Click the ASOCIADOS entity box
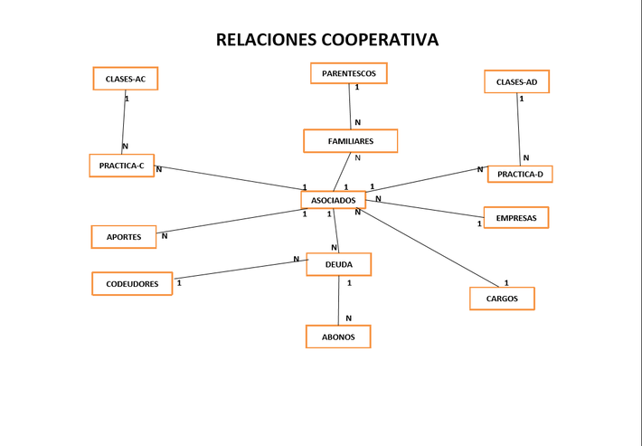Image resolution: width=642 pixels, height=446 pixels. tap(333, 200)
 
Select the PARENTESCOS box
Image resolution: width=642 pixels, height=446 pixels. tap(348, 72)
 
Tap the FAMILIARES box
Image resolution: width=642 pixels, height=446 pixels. tap(350, 141)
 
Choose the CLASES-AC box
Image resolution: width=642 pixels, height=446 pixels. tap(125, 79)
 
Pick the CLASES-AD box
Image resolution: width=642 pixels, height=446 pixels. tap(516, 82)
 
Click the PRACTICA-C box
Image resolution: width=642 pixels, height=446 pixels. tap(121, 166)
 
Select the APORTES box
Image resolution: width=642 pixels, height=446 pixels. tap(124, 237)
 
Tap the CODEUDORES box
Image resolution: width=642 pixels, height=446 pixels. tap(132, 284)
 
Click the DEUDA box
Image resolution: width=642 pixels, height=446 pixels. tap(338, 264)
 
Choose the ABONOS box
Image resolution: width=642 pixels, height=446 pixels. tap(338, 337)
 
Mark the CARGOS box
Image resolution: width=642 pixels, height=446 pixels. tap(502, 299)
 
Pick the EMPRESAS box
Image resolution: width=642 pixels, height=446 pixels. tap(515, 218)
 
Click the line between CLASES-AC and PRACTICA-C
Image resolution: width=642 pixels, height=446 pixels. tap(124, 122)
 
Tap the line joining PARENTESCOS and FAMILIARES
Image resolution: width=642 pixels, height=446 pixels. tap(350, 107)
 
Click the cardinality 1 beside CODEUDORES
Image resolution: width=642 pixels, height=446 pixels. tap(179, 283)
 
